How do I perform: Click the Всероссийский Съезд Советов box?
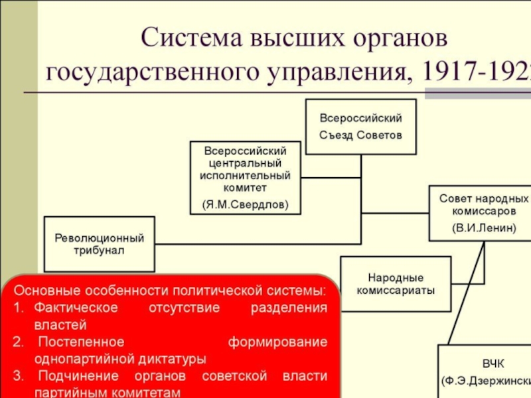[x=360, y=127]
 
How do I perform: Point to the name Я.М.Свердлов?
[x=245, y=204]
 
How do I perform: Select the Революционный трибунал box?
[x=99, y=243]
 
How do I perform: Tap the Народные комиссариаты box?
[x=396, y=283]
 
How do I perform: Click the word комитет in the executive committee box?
[x=244, y=188]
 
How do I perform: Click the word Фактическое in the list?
[x=76, y=308]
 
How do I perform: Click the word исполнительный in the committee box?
[x=245, y=176]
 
